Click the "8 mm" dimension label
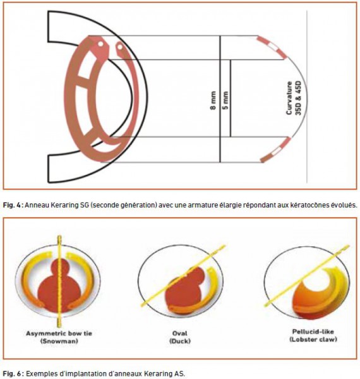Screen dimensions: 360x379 [213, 100]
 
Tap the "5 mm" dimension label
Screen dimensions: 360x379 [225, 100]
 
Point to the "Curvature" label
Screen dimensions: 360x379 [289, 98]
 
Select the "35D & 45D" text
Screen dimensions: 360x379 [299, 98]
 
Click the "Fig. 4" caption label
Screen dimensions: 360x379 [12, 205]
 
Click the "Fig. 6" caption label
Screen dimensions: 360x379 [12, 373]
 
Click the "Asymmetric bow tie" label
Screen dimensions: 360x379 [59, 334]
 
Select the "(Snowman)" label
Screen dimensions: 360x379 [59, 341]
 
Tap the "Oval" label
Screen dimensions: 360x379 [180, 334]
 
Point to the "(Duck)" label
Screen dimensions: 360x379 [180, 341]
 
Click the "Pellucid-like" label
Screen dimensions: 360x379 [313, 332]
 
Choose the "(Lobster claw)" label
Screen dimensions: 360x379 [313, 339]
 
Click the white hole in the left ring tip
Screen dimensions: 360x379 [100, 44]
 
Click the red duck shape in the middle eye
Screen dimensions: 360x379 [185, 289]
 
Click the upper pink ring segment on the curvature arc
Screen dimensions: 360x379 [272, 47]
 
